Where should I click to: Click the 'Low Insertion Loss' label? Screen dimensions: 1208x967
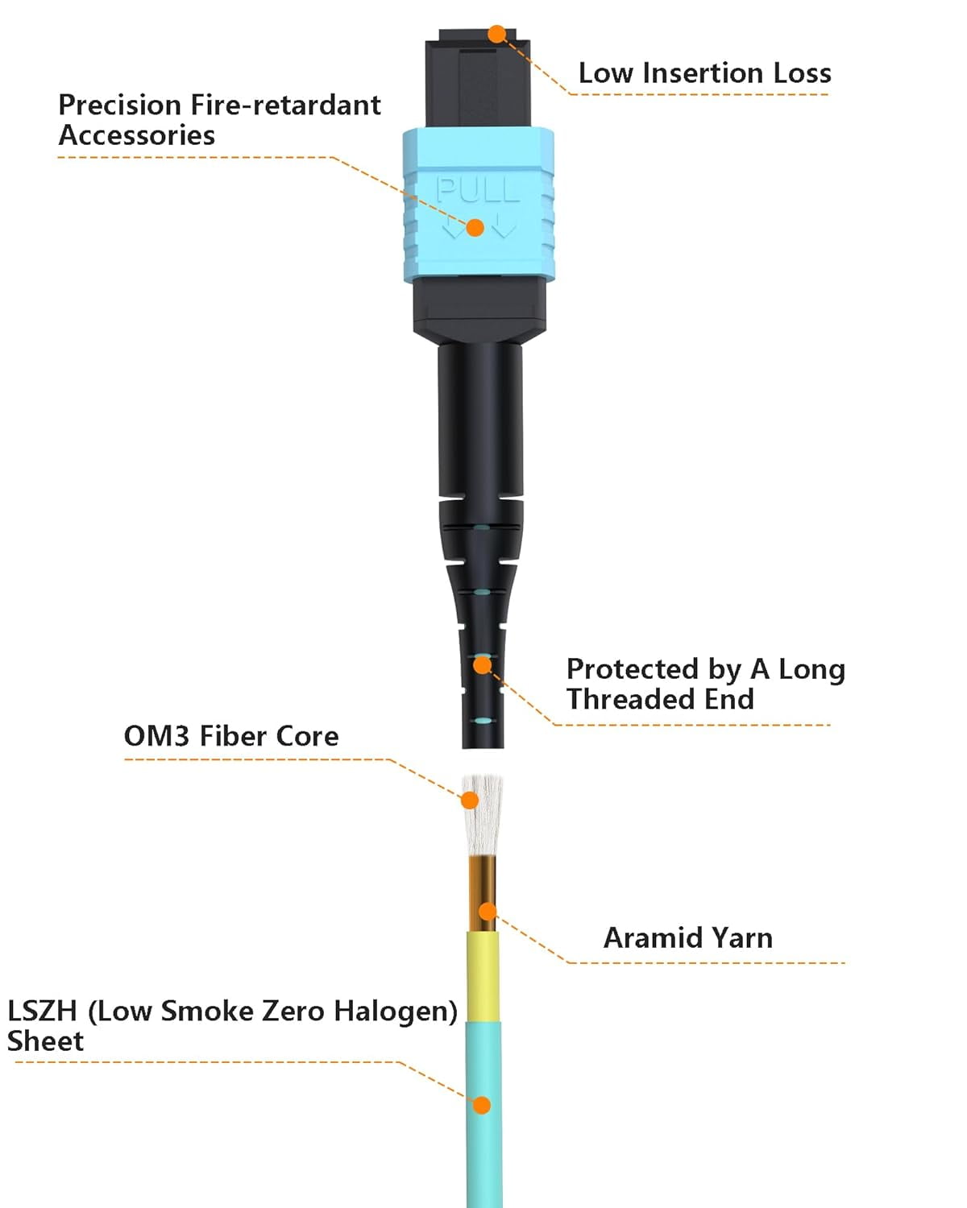pyautogui.click(x=704, y=73)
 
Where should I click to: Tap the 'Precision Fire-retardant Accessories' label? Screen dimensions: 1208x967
pyautogui.click(x=219, y=120)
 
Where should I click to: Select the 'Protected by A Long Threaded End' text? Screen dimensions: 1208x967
pyautogui.click(x=705, y=684)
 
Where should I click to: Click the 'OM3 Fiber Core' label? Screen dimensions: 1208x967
pyautogui.click(x=231, y=736)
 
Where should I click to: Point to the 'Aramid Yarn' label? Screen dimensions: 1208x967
pyautogui.click(x=688, y=938)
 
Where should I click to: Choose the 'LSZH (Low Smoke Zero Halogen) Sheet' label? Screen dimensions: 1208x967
pyautogui.click(x=232, y=1025)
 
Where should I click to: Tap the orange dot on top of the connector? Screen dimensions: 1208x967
pyautogui.click(x=497, y=34)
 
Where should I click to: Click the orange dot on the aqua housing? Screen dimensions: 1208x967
pyautogui.click(x=475, y=228)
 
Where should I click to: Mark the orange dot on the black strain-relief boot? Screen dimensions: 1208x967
pyautogui.click(x=482, y=665)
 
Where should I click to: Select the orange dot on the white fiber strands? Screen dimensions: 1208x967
pyautogui.click(x=470, y=800)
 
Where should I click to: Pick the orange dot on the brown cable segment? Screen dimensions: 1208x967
pyautogui.click(x=488, y=912)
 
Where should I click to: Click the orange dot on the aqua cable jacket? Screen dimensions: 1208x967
pyautogui.click(x=482, y=1105)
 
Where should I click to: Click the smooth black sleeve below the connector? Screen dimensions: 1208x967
pyautogui.click(x=480, y=419)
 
